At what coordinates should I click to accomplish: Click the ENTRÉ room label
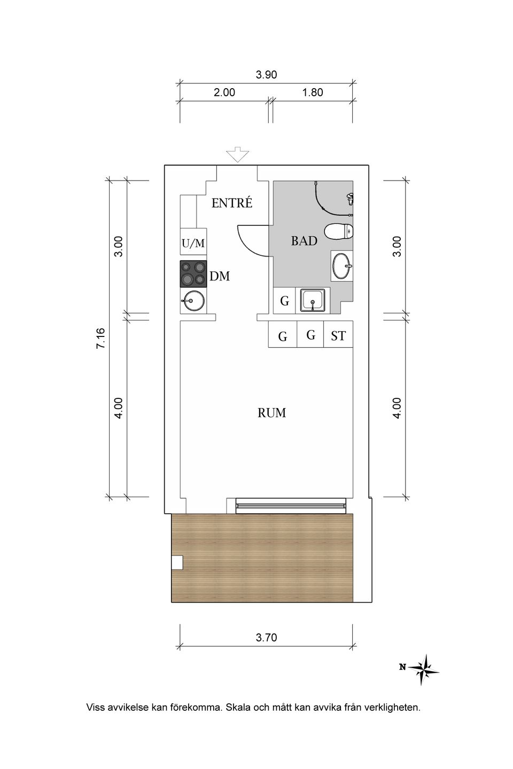point(232,203)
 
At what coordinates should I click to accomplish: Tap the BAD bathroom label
point(304,241)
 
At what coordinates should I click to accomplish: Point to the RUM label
point(272,413)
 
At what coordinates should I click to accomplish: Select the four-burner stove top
point(193,273)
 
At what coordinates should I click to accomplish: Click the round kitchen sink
point(192,301)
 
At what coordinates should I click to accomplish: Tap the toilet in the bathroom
point(339,232)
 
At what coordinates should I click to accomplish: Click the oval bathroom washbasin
point(342,266)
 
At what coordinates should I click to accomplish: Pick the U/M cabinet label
point(193,244)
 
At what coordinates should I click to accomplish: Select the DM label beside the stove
point(220,276)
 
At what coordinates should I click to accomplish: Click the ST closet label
point(338,336)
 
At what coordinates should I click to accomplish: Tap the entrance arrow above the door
point(237,154)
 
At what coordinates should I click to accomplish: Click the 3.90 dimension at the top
point(266,75)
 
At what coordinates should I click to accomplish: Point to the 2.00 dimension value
point(224,92)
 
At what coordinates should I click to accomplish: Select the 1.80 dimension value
point(313,92)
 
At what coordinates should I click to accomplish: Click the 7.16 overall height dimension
point(100,339)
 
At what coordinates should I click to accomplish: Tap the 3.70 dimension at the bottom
point(266,638)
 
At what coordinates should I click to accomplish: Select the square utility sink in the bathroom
point(312,300)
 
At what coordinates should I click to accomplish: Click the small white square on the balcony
point(177,563)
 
